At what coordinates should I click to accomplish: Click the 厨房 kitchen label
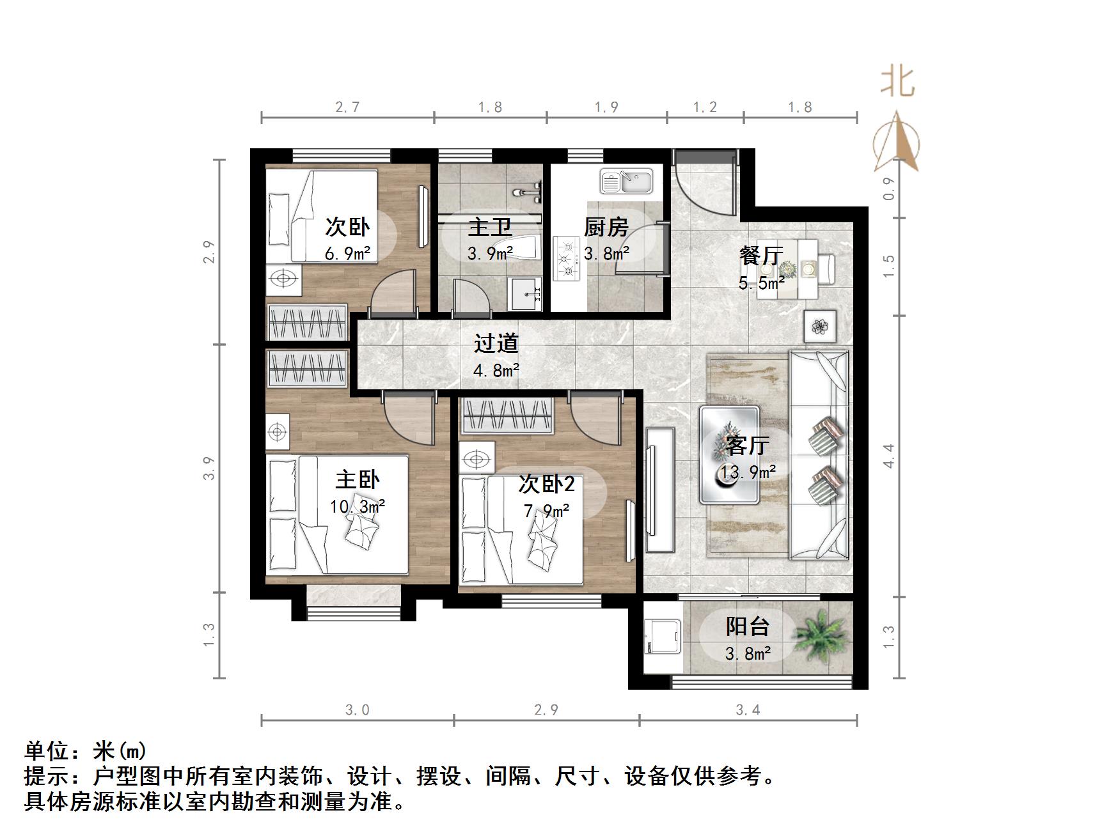tap(606, 227)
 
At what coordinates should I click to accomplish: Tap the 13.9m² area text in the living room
tap(748, 472)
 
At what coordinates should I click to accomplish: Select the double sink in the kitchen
tap(626, 181)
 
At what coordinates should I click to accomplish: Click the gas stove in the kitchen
tap(566, 259)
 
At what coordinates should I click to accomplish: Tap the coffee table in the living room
tap(730, 455)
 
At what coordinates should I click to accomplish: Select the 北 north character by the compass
tap(897, 82)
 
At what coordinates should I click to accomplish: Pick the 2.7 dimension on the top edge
tap(347, 107)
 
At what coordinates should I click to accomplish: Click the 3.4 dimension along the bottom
tap(748, 710)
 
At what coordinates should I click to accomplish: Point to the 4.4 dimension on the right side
tap(889, 456)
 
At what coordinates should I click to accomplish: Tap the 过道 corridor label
tap(496, 343)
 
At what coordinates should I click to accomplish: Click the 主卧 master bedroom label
tap(358, 479)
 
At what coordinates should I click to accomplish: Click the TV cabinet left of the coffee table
tap(659, 490)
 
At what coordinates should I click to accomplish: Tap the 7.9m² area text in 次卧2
tap(546, 511)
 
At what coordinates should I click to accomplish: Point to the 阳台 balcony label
tap(747, 626)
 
